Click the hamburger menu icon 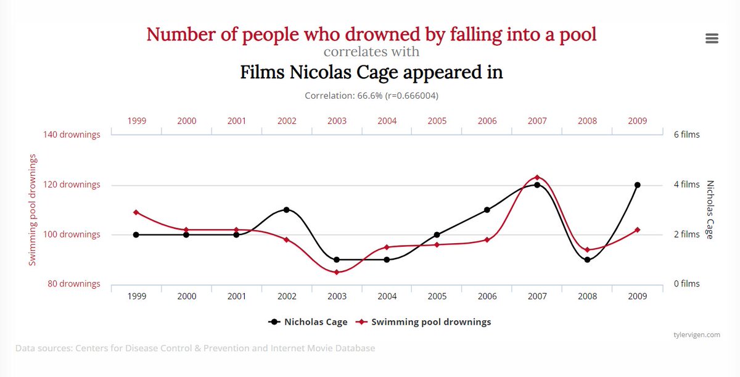(x=712, y=38)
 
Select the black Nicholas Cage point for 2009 (x=637, y=185)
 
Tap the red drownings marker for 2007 (x=537, y=178)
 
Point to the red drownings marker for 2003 (x=337, y=272)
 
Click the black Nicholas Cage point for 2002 (x=286, y=210)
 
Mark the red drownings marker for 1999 (x=136, y=212)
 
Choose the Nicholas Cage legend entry (x=308, y=322)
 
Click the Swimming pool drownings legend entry (x=423, y=322)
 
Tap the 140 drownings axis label (x=72, y=135)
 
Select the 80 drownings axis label (x=73, y=283)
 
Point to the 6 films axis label (x=687, y=135)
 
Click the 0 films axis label (x=687, y=283)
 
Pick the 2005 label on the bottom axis (x=437, y=296)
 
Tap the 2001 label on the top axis (x=237, y=121)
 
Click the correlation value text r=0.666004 (x=411, y=96)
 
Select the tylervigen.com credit (x=697, y=334)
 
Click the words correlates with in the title (x=371, y=52)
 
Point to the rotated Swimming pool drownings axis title (x=32, y=210)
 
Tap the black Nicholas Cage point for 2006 (x=487, y=210)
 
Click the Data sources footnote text (x=195, y=348)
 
